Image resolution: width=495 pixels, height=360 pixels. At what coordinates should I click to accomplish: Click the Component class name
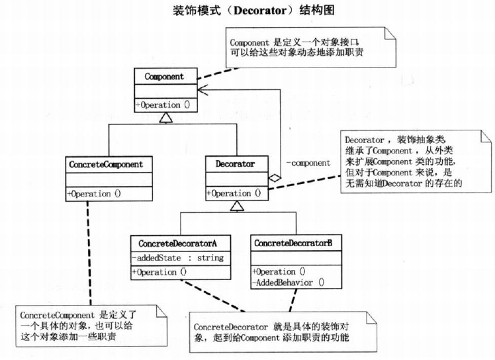[x=165, y=76]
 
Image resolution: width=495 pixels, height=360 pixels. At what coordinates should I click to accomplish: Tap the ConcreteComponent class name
[x=110, y=162]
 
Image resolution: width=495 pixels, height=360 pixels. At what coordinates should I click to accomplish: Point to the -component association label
[x=308, y=163]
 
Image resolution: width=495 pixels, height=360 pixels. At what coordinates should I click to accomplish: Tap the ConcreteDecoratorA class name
[x=180, y=243]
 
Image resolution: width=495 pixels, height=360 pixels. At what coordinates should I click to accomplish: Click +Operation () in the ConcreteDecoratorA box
[x=160, y=271]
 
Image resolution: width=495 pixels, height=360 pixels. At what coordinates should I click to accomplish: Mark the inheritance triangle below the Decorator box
[x=237, y=206]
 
